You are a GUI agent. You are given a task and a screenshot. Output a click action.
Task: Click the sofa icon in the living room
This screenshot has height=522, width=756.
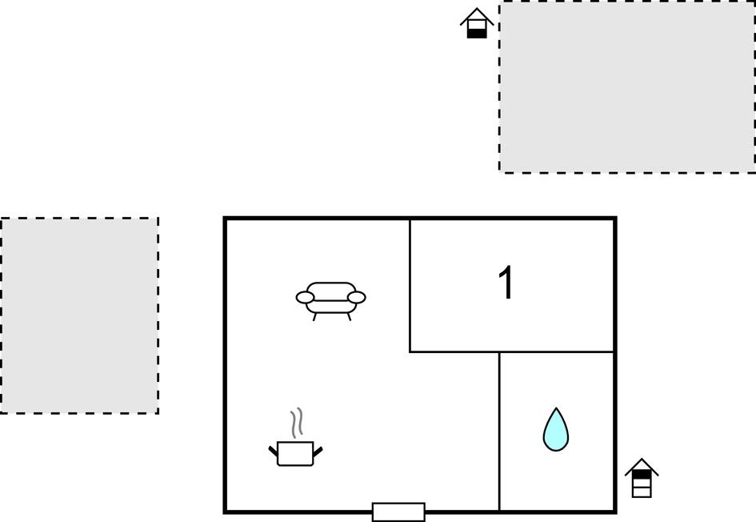(330, 300)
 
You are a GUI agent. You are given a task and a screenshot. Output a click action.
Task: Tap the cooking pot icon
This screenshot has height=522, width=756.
(295, 438)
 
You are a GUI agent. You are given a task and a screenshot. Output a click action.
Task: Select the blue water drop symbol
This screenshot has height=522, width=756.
(556, 429)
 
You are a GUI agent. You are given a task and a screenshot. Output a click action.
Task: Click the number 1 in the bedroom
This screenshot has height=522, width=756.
(506, 283)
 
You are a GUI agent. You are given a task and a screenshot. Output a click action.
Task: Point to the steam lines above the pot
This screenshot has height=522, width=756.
(298, 423)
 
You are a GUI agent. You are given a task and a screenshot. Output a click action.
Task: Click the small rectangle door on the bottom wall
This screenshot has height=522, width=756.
(398, 512)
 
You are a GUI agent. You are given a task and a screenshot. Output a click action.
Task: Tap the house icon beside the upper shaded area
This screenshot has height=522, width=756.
(477, 22)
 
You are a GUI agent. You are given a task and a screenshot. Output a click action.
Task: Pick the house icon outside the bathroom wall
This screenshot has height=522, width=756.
(642, 478)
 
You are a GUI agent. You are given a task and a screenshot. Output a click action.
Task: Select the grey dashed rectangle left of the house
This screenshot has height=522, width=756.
(79, 315)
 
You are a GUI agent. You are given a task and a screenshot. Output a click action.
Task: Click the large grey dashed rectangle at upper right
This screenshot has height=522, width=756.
(626, 86)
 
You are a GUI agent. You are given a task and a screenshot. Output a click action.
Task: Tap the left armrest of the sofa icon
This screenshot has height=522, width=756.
(305, 298)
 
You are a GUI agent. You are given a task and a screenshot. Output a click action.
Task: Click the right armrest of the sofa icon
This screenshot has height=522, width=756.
(357, 298)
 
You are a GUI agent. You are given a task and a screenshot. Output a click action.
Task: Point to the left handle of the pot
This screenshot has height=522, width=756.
(274, 451)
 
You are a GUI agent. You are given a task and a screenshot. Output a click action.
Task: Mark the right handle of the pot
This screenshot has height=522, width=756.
(318, 452)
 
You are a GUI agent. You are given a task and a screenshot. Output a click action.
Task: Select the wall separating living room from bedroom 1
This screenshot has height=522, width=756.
(410, 286)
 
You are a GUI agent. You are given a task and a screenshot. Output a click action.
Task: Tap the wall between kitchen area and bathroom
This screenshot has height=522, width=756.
(499, 432)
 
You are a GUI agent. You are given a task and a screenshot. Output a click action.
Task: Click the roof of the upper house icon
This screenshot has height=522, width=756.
(477, 16)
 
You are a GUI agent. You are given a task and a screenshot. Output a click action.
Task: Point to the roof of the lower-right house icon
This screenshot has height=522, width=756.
(642, 467)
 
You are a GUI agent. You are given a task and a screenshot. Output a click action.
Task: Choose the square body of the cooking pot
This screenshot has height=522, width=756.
(295, 453)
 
